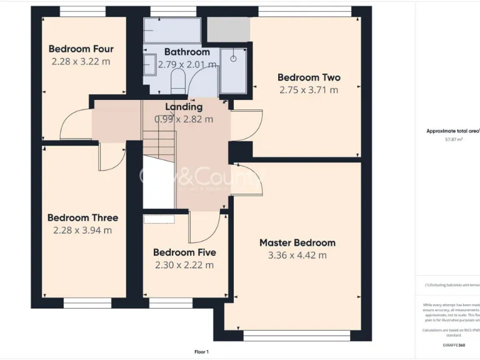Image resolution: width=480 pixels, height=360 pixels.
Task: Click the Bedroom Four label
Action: tap(81, 49)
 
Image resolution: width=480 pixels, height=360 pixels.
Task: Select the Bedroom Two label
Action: tap(309, 77)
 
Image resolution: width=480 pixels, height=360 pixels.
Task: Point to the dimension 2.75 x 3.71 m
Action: tap(309, 89)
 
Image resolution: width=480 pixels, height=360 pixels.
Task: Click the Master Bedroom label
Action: tap(297, 242)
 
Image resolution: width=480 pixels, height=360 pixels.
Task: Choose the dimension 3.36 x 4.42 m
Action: tap(297, 255)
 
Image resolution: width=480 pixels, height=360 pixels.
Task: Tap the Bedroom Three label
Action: tap(82, 217)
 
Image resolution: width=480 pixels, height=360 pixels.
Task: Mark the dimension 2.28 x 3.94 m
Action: tap(82, 230)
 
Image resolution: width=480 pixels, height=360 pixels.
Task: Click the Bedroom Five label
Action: tap(184, 252)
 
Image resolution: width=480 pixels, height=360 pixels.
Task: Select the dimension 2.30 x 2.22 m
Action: tap(184, 265)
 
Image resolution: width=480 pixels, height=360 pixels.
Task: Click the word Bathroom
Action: tap(187, 52)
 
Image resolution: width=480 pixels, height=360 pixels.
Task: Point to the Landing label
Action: tap(184, 107)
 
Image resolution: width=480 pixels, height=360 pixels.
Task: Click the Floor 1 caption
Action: tap(201, 352)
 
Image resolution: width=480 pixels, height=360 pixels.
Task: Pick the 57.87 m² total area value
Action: tap(453, 139)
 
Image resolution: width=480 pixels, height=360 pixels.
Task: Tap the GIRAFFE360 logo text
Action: tap(453, 345)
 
